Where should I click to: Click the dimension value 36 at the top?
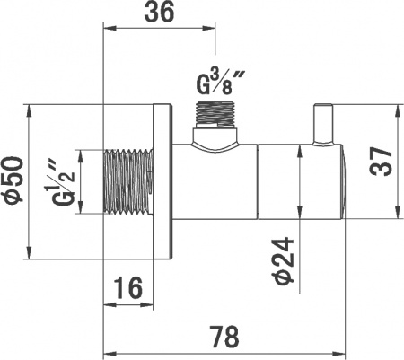[160, 13]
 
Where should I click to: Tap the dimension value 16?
[129, 288]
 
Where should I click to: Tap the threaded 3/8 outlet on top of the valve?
[215, 115]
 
